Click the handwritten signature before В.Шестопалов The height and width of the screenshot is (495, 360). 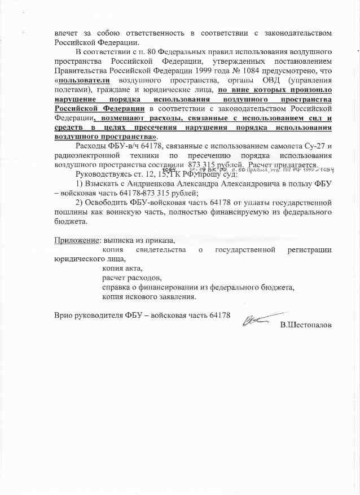(257, 319)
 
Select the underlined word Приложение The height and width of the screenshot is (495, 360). (73, 240)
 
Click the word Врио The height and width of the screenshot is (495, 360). (63, 314)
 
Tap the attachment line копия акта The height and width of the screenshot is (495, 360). (122, 268)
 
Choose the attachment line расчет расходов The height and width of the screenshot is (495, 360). (131, 278)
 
